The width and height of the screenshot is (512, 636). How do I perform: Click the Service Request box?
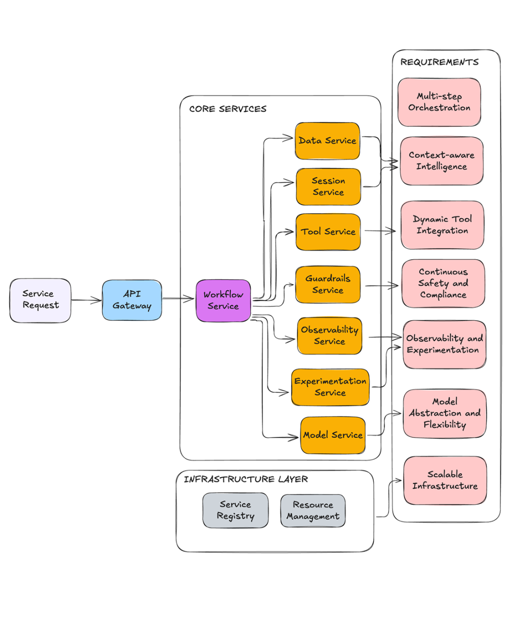(x=40, y=300)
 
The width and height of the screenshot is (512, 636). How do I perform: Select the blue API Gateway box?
(x=132, y=300)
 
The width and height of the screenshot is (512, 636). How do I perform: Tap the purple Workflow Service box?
(x=223, y=301)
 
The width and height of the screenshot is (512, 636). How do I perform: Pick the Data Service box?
(x=327, y=141)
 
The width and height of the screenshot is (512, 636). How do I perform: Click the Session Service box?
(x=328, y=187)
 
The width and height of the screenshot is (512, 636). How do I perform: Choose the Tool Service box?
(x=328, y=232)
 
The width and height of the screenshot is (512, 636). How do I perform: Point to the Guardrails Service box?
(x=328, y=284)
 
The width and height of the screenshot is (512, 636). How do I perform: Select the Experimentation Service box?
(x=330, y=387)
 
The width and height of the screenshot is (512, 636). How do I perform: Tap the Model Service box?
(x=333, y=435)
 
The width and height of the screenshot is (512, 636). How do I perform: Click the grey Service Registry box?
(x=236, y=510)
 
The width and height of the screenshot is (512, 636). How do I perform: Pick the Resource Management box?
(x=313, y=511)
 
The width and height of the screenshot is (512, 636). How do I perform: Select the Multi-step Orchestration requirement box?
(x=439, y=102)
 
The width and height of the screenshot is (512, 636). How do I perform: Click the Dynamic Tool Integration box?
(x=443, y=225)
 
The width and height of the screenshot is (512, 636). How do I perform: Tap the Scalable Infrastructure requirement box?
(x=445, y=480)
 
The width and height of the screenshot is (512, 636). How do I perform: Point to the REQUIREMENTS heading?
(x=439, y=62)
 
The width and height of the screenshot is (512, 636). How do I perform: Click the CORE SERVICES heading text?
(x=228, y=109)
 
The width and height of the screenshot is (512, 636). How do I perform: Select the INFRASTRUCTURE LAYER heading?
(x=246, y=479)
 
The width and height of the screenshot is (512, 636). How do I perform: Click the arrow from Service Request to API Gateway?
(x=87, y=300)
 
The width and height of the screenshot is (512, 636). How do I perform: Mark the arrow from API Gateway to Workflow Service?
(x=178, y=299)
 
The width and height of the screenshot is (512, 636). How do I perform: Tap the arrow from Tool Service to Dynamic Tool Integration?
(x=380, y=231)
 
